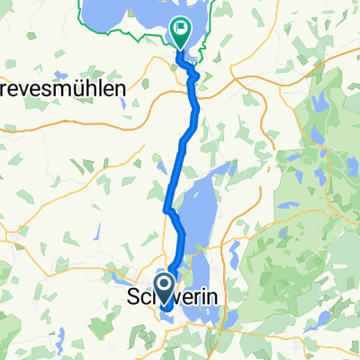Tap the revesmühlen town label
point(64,90)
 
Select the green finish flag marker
point(180,33)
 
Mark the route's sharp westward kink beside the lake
point(166,210)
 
